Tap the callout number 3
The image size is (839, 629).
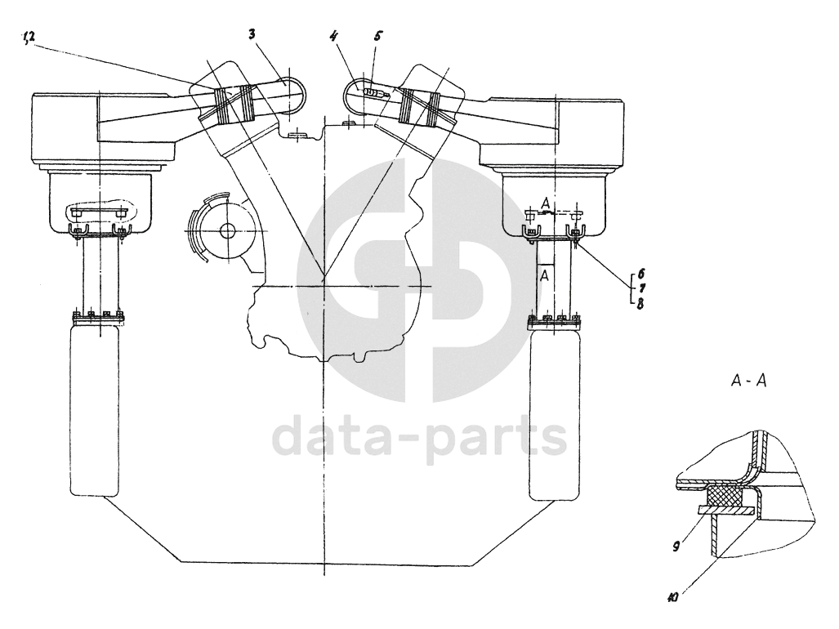(252, 35)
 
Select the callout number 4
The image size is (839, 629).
(333, 37)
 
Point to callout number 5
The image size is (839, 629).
(377, 37)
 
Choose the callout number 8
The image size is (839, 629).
(639, 304)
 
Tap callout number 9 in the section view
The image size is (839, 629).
(676, 546)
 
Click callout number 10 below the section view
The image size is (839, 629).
(673, 597)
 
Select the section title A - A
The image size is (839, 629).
(748, 381)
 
